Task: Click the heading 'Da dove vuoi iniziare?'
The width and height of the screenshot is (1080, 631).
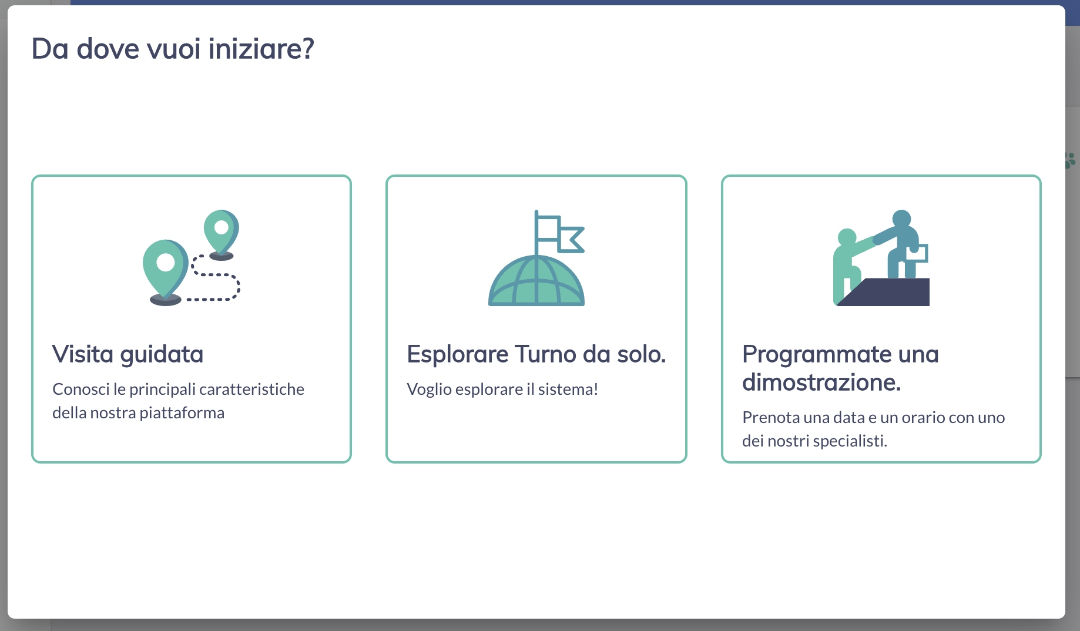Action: [x=173, y=49]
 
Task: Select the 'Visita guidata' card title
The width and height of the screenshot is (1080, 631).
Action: [x=128, y=355]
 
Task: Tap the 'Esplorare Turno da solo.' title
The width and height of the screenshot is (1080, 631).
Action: [x=536, y=354]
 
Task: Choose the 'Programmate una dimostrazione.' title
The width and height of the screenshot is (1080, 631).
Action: [x=840, y=368]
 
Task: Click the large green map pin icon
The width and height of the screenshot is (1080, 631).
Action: [x=165, y=267]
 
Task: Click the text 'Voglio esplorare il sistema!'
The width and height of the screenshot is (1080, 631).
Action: [x=502, y=390]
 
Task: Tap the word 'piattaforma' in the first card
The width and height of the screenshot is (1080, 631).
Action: [x=182, y=413]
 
